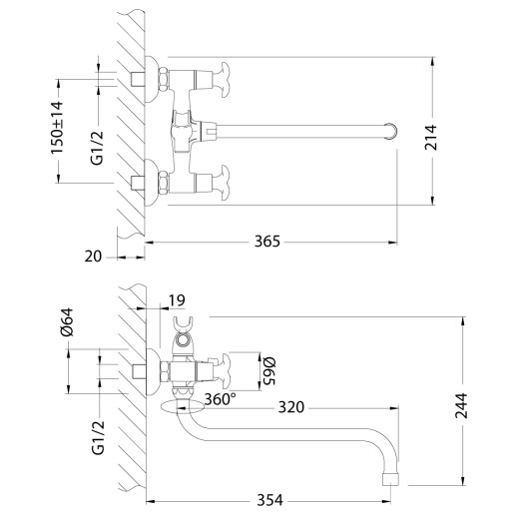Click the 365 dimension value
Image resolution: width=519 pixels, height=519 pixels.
tap(266, 241)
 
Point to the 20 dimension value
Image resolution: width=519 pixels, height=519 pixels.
tap(94, 256)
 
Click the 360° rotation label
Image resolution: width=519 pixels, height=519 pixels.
tap(219, 399)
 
